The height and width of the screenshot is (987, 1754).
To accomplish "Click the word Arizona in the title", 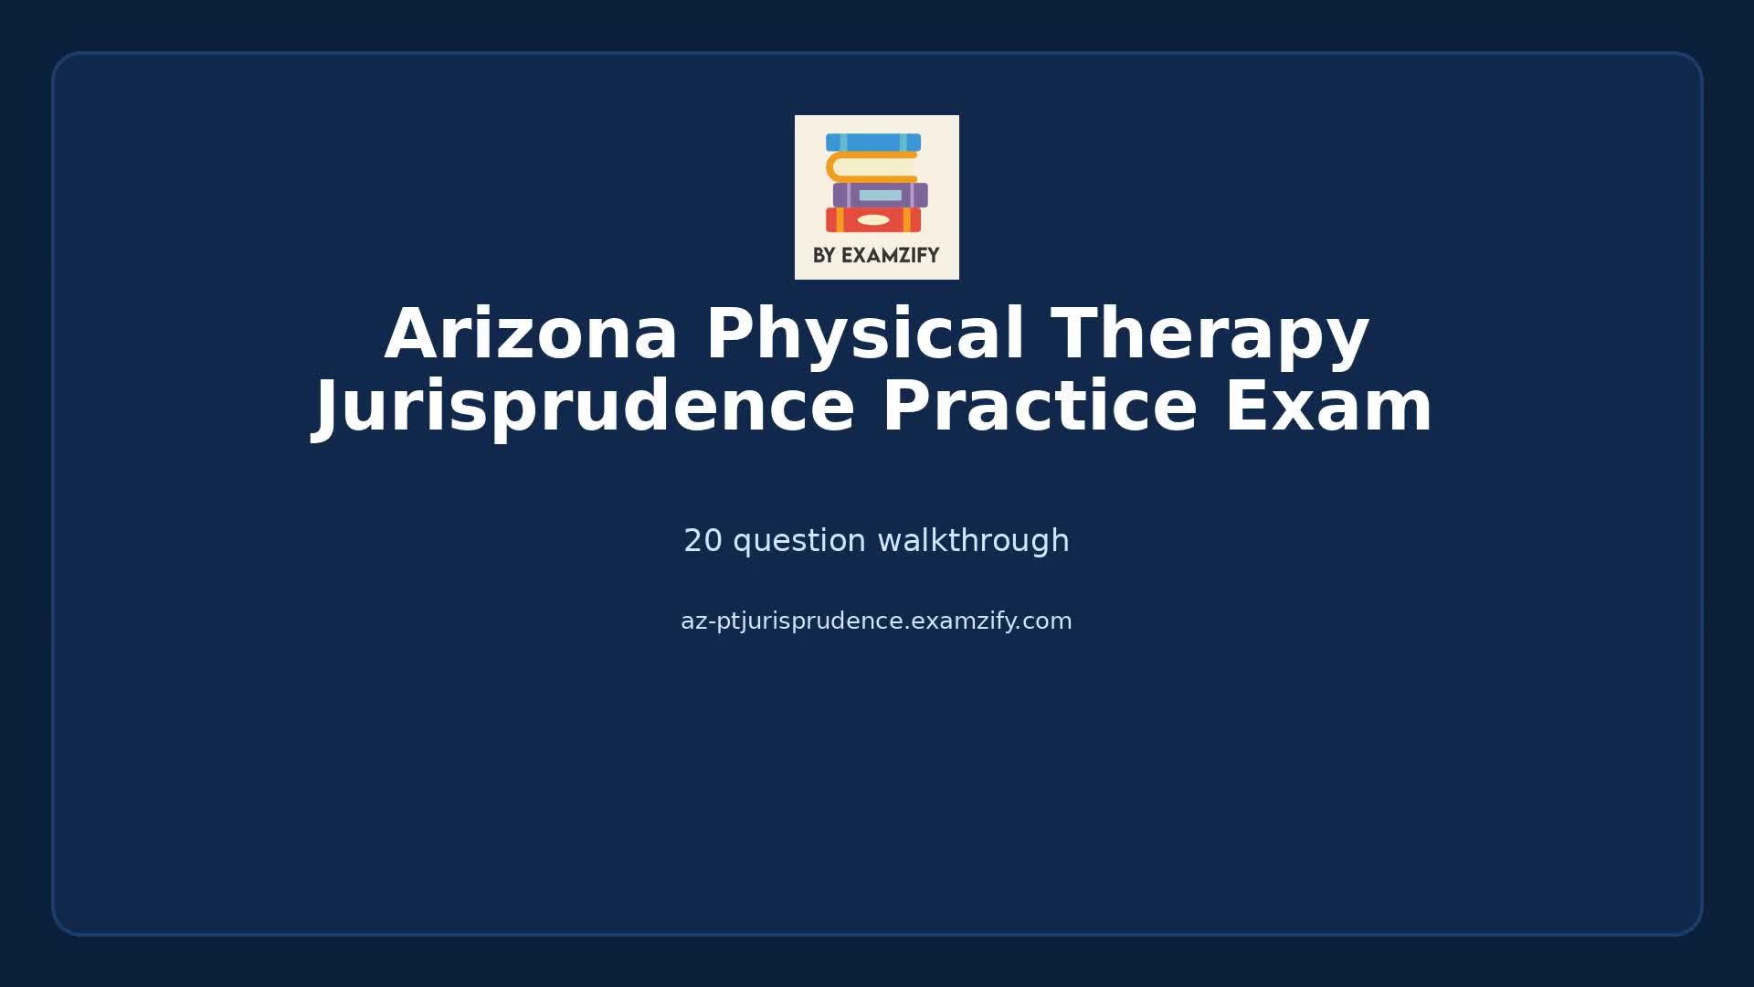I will click(x=531, y=334).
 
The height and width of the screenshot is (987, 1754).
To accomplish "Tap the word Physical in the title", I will click(x=864, y=334).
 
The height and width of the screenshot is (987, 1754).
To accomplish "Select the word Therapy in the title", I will click(x=1210, y=334).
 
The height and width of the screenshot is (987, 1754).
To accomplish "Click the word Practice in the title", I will click(x=1039, y=407).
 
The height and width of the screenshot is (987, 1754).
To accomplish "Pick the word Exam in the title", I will click(x=1328, y=407).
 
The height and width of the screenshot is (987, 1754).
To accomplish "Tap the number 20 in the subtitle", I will click(x=703, y=541).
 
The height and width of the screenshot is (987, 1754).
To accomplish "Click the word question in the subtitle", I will click(x=799, y=541).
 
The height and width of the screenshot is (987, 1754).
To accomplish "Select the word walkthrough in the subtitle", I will click(x=973, y=541).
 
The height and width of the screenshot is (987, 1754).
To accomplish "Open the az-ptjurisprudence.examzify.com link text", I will click(x=876, y=621).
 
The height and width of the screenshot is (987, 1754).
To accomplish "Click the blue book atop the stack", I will click(x=873, y=143).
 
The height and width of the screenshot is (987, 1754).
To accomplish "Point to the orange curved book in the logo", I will click(x=871, y=167).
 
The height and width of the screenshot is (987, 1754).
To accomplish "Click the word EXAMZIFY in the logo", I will click(x=890, y=256).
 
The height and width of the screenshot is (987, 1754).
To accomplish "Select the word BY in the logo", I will click(x=824, y=256).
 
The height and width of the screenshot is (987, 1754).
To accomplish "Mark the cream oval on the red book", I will click(x=873, y=220).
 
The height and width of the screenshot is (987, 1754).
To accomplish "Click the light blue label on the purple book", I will click(x=880, y=196).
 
